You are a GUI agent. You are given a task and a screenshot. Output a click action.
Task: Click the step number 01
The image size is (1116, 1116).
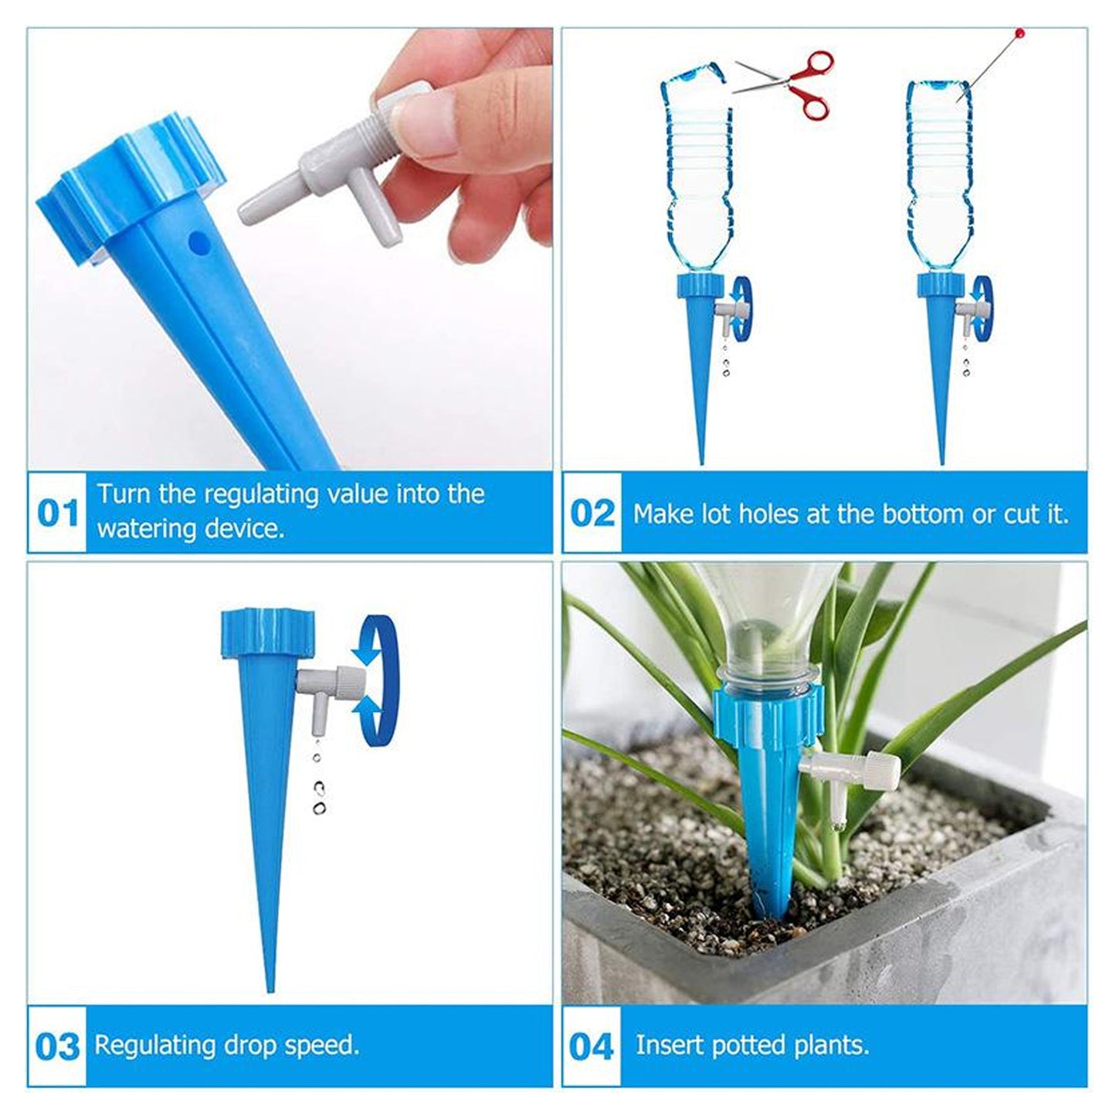[58, 514]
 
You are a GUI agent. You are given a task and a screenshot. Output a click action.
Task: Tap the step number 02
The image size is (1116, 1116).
[592, 514]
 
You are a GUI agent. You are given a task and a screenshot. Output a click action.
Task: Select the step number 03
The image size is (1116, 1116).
[58, 1047]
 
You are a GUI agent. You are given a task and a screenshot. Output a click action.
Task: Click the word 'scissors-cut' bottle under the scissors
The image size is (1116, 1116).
[695, 178]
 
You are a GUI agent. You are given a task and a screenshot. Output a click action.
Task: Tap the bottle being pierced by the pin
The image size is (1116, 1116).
[938, 178]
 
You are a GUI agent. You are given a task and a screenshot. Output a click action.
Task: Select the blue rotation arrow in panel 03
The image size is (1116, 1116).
[375, 680]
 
